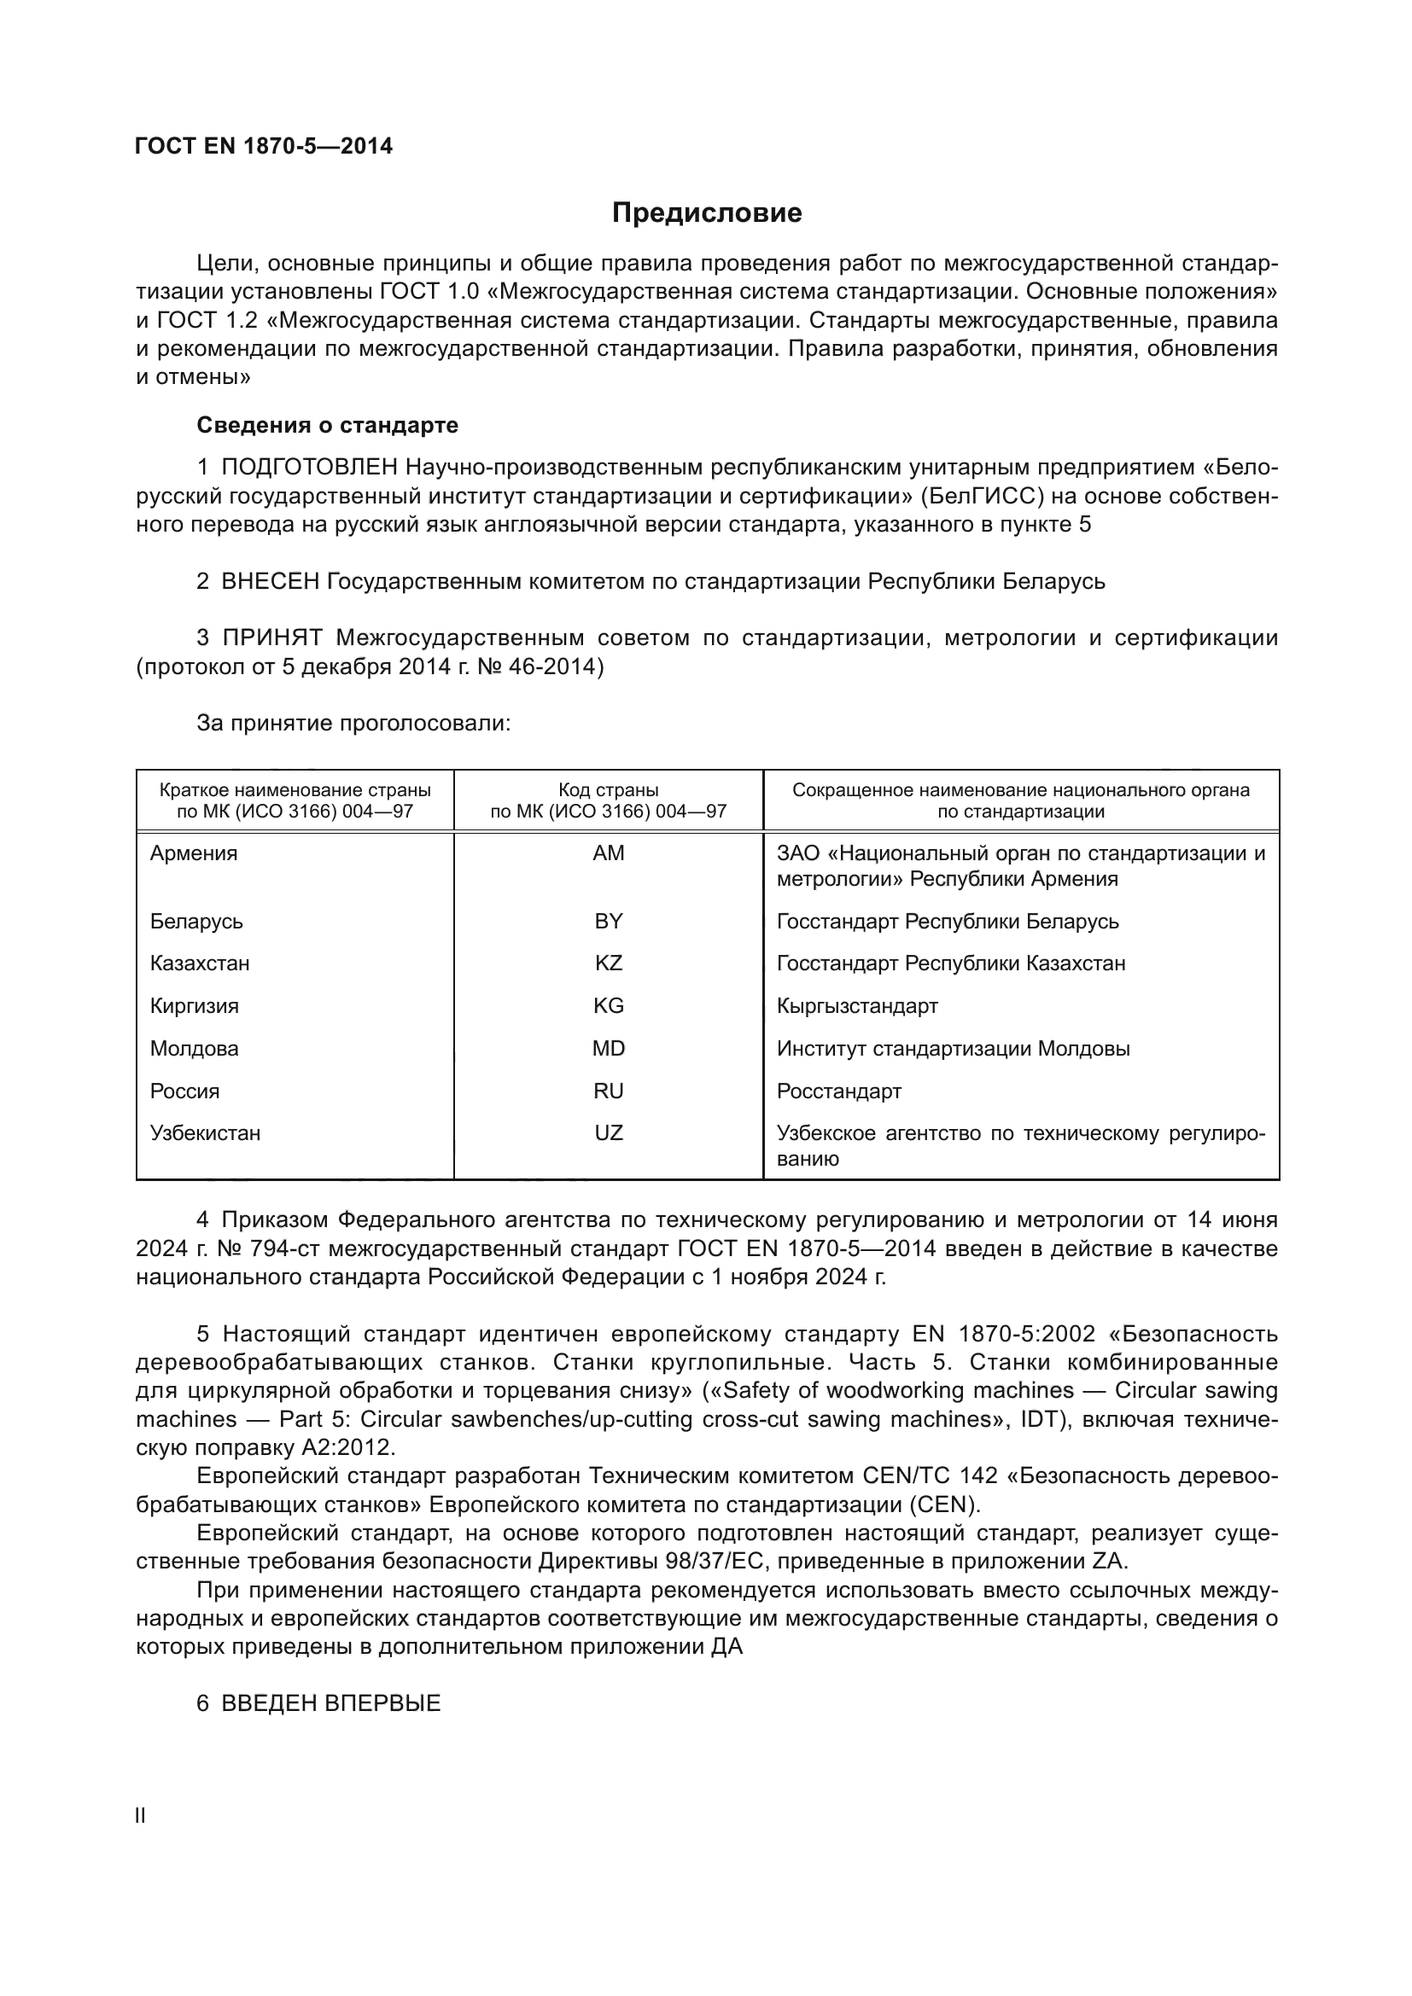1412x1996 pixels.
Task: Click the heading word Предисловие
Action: pyautogui.click(x=706, y=213)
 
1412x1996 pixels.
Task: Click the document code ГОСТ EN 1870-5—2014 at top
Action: pyautogui.click(x=265, y=146)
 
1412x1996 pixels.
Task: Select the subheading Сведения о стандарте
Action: pyautogui.click(x=327, y=425)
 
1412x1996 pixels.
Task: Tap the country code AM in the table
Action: pyautogui.click(x=608, y=853)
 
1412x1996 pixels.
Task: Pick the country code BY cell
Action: pyautogui.click(x=608, y=921)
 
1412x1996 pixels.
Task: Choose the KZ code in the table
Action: pyautogui.click(x=608, y=963)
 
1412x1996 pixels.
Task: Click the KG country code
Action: pyautogui.click(x=608, y=1006)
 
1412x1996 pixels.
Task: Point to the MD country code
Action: pyautogui.click(x=608, y=1049)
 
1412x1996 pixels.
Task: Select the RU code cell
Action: pyautogui.click(x=608, y=1091)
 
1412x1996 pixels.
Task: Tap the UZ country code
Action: pyautogui.click(x=608, y=1132)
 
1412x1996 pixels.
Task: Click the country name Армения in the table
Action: pyautogui.click(x=193, y=853)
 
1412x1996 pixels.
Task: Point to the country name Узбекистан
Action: pyautogui.click(x=205, y=1132)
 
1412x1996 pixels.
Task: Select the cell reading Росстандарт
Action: pyautogui.click(x=839, y=1091)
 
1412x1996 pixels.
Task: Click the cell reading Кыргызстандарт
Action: pyautogui.click(x=857, y=1006)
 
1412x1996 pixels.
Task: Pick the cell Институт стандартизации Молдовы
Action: pyautogui.click(x=953, y=1049)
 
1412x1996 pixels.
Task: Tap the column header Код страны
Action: pyautogui.click(x=608, y=790)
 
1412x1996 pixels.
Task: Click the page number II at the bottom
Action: pyautogui.click(x=141, y=1816)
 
